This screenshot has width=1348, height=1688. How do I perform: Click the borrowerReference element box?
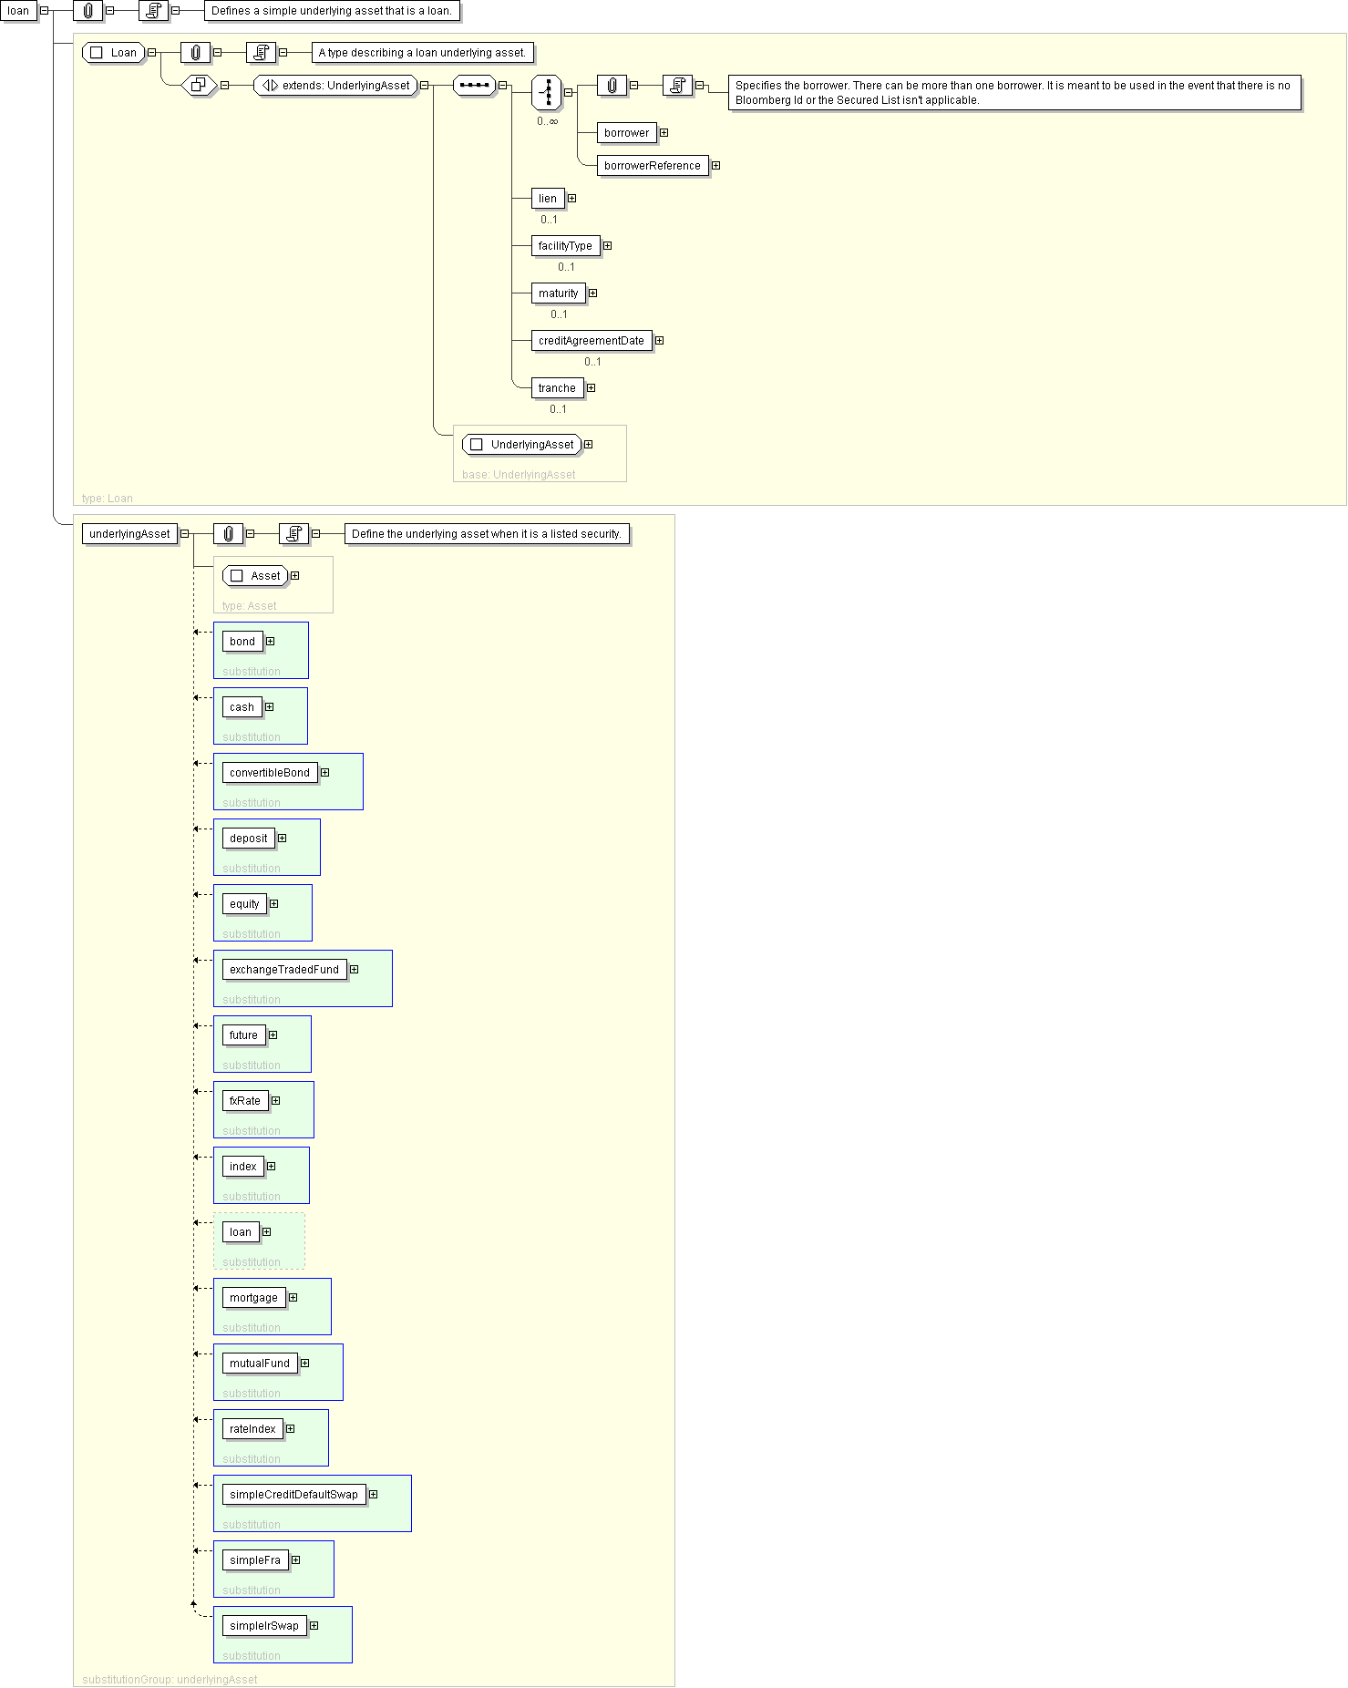coord(653,166)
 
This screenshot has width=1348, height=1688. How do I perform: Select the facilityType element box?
coord(565,246)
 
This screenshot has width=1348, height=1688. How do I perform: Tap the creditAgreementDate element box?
coord(592,341)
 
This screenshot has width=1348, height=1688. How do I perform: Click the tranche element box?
coord(557,388)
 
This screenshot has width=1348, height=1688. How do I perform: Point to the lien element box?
coord(548,199)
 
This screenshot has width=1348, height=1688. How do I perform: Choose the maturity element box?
coord(558,293)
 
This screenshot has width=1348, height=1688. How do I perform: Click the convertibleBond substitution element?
coord(270,773)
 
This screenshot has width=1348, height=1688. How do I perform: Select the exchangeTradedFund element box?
coord(284,970)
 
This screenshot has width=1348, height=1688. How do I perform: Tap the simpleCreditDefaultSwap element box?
coord(293,1495)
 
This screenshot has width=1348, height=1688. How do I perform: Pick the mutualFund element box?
coord(260,1364)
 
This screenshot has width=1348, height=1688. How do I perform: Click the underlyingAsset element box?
coord(129,534)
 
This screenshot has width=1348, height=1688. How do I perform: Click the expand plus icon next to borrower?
coord(664,133)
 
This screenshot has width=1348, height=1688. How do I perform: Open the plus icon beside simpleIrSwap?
coord(314,1626)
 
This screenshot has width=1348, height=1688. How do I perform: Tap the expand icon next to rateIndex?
coord(290,1429)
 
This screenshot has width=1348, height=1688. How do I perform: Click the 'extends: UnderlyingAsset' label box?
coord(335,86)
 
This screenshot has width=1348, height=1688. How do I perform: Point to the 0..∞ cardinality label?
coord(547,121)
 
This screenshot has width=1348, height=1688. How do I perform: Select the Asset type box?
coord(255,576)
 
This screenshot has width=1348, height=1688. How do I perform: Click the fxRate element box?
coord(245,1101)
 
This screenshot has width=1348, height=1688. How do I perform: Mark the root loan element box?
coord(18,11)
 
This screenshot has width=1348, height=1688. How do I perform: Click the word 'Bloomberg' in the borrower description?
coord(762,100)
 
